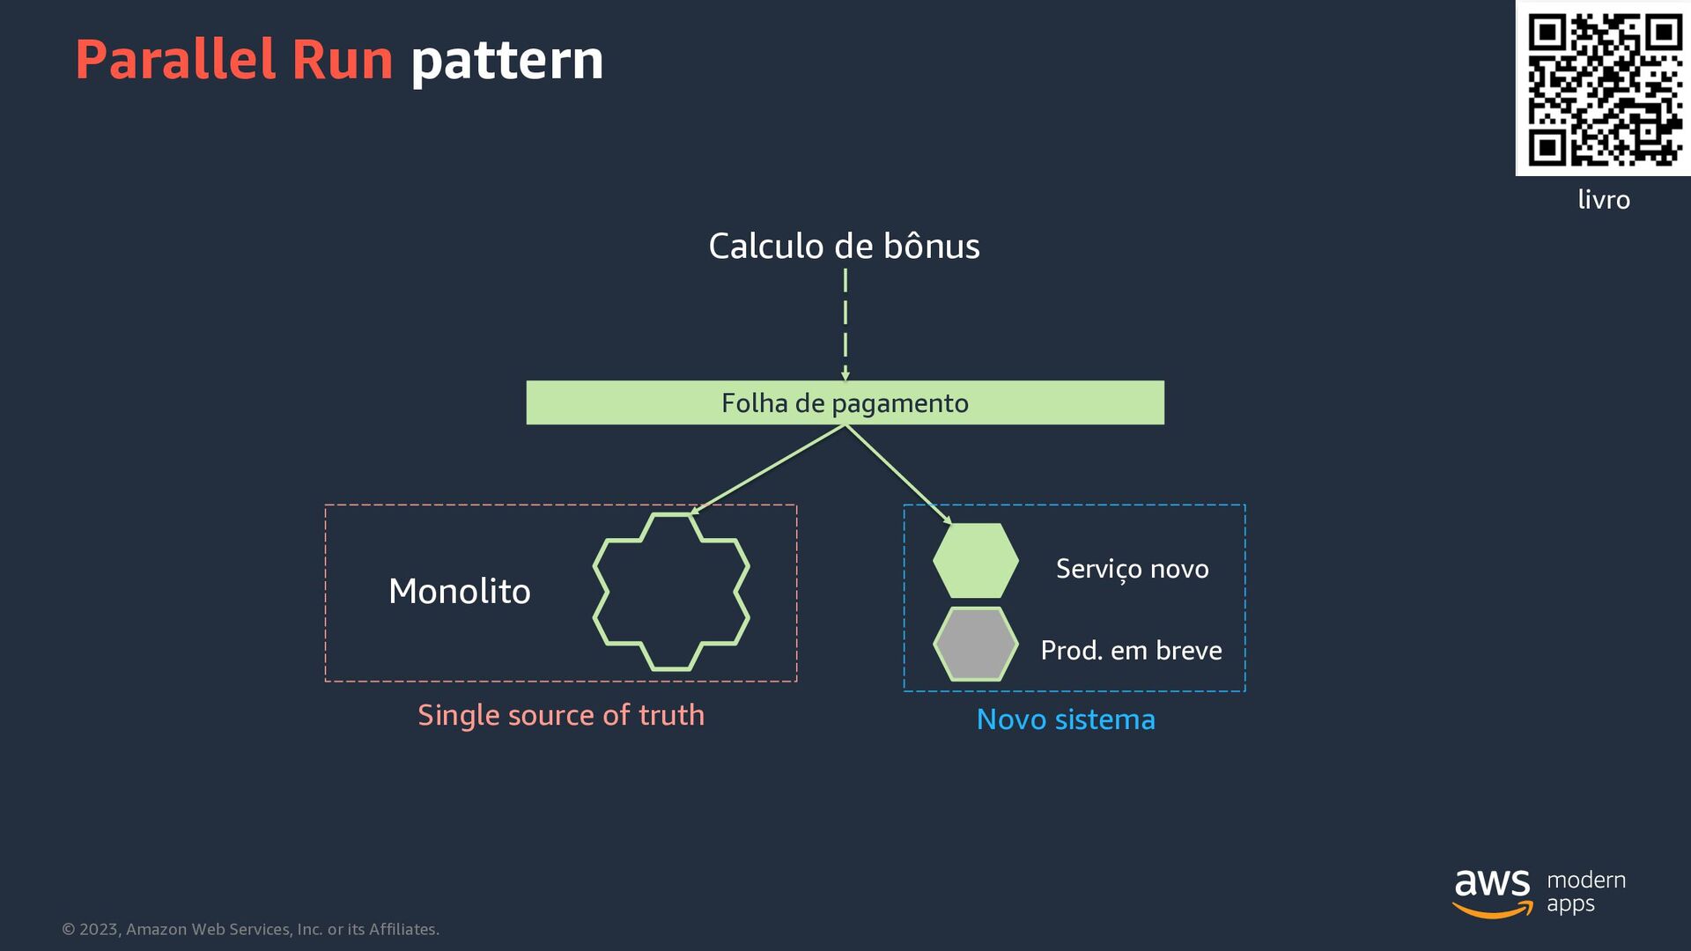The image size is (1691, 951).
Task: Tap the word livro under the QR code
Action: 1603,200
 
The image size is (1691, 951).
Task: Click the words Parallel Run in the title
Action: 234,60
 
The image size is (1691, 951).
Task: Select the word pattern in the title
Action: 507,60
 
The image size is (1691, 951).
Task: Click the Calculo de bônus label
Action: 844,247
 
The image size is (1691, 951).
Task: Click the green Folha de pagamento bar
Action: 845,402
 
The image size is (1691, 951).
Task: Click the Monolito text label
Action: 460,591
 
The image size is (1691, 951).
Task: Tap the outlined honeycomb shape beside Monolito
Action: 671,592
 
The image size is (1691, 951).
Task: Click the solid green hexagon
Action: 975,561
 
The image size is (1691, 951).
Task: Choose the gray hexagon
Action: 975,644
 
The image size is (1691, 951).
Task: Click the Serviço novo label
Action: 1132,569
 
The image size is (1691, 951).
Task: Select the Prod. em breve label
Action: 1131,650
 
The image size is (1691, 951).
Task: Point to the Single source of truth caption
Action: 561,715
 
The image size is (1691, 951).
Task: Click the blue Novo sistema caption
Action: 1066,719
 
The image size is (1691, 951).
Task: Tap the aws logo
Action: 1492,891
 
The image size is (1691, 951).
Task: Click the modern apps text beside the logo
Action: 1585,891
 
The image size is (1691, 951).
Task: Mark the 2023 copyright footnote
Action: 251,929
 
